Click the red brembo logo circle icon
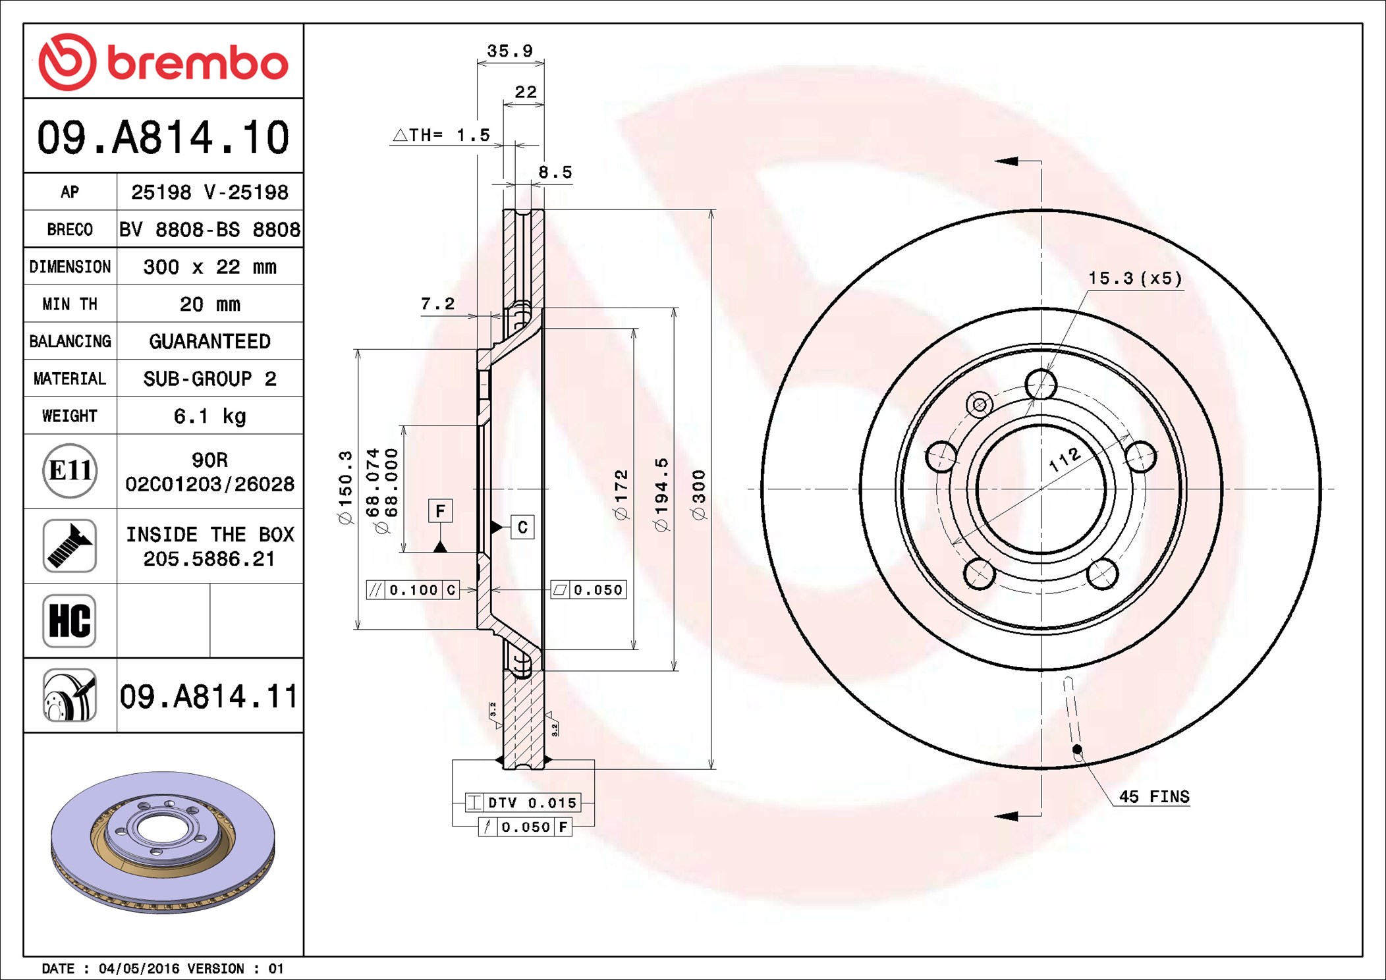coord(67,62)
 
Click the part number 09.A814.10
coord(163,138)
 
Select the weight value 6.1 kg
coord(209,416)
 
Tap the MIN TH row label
coord(70,304)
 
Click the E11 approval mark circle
coord(70,471)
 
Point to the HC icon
coord(70,620)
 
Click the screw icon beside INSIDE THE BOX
coord(70,545)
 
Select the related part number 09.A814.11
coord(209,697)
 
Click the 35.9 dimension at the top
coord(510,51)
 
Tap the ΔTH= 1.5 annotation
coord(442,136)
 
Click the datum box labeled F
coord(440,511)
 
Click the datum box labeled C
coord(522,527)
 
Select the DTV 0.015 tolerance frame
coord(523,803)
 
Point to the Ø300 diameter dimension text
coord(699,495)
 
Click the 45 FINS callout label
coord(1154,797)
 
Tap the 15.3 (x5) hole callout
coord(1135,279)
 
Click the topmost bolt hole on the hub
coord(1041,384)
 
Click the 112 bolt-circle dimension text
coord(1065,459)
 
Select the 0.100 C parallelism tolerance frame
coord(412,590)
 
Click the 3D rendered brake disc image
coord(163,842)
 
